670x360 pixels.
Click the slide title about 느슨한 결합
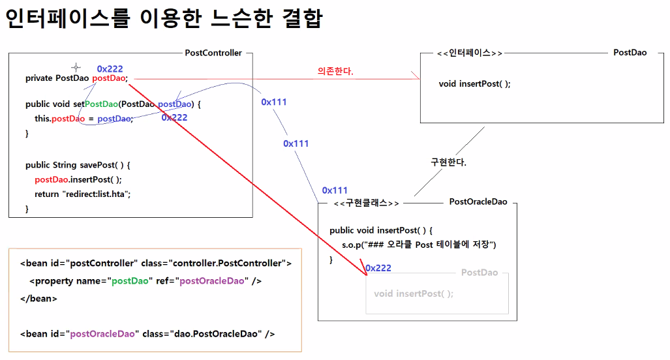(164, 18)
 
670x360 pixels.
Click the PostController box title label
(213, 53)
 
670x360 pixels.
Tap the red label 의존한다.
(335, 71)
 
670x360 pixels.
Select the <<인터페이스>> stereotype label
(470, 53)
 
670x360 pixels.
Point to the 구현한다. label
(449, 162)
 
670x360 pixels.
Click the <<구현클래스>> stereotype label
(366, 203)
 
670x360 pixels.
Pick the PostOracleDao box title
(478, 202)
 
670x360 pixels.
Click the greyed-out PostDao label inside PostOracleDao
(480, 273)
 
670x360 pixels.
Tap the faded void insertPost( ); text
(414, 293)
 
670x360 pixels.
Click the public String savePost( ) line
(78, 165)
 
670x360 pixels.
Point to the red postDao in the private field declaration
(110, 78)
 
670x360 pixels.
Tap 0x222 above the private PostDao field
(110, 68)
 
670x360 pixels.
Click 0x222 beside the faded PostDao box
(378, 268)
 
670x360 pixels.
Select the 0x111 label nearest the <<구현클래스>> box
(335, 190)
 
